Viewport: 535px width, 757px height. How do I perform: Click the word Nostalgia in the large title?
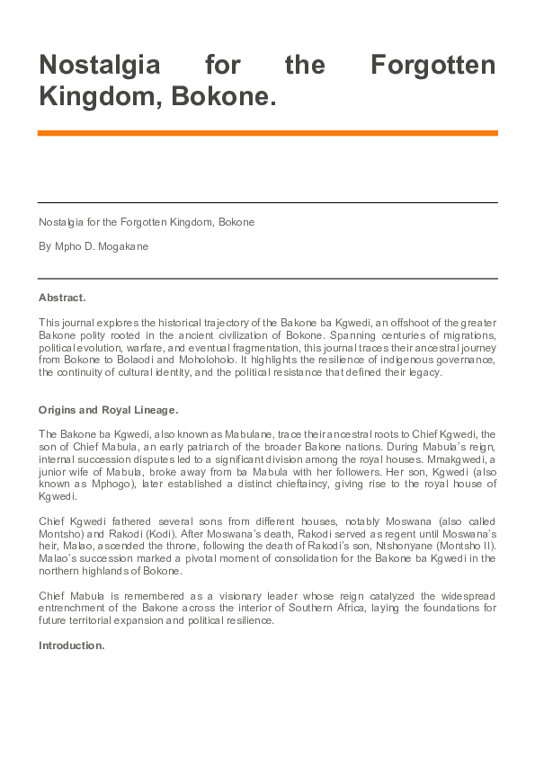pyautogui.click(x=99, y=66)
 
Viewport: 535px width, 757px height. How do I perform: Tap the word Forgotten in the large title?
pyautogui.click(x=433, y=66)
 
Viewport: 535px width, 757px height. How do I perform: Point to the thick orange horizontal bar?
pyautogui.click(x=267, y=133)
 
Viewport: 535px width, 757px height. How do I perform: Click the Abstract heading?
pyautogui.click(x=62, y=297)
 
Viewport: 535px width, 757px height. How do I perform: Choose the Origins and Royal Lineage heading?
pyautogui.click(x=108, y=410)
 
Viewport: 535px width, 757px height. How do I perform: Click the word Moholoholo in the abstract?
pyautogui.click(x=225, y=360)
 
